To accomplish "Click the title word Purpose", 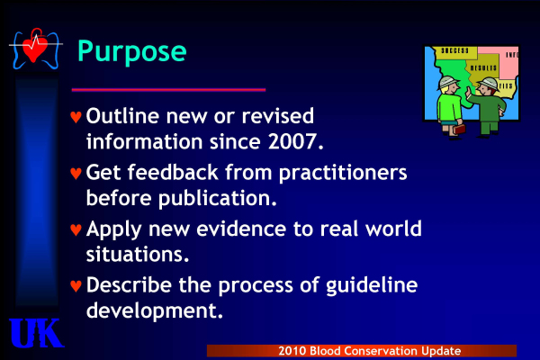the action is click(x=132, y=51).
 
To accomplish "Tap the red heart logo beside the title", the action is click(x=35, y=49).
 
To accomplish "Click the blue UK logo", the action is click(x=36, y=333).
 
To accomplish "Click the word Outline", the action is click(x=122, y=116).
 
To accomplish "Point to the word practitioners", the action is click(x=343, y=174).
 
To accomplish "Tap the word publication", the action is click(x=218, y=198).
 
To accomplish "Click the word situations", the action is click(x=138, y=254).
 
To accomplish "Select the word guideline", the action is click(x=372, y=286).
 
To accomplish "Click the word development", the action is click(x=155, y=311).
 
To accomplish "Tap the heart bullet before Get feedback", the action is click(x=76, y=174).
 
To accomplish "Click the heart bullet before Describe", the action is click(x=76, y=286).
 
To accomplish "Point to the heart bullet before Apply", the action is click(x=76, y=229).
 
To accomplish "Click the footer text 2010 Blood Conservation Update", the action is click(x=370, y=351).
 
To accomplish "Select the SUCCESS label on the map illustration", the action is click(x=454, y=51).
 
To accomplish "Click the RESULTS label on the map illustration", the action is click(x=483, y=67).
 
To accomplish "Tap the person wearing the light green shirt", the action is click(x=450, y=107).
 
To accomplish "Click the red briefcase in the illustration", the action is click(x=459, y=130).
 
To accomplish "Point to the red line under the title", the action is click(x=169, y=90).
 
